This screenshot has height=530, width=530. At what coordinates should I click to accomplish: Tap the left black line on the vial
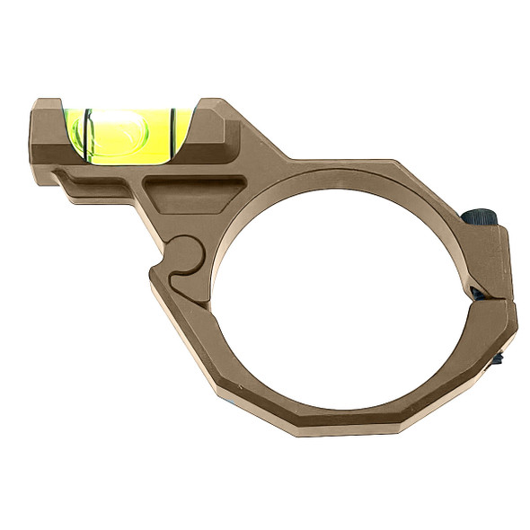90,133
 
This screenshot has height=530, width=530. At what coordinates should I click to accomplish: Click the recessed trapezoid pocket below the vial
189,194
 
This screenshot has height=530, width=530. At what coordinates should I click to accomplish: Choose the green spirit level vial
131,131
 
